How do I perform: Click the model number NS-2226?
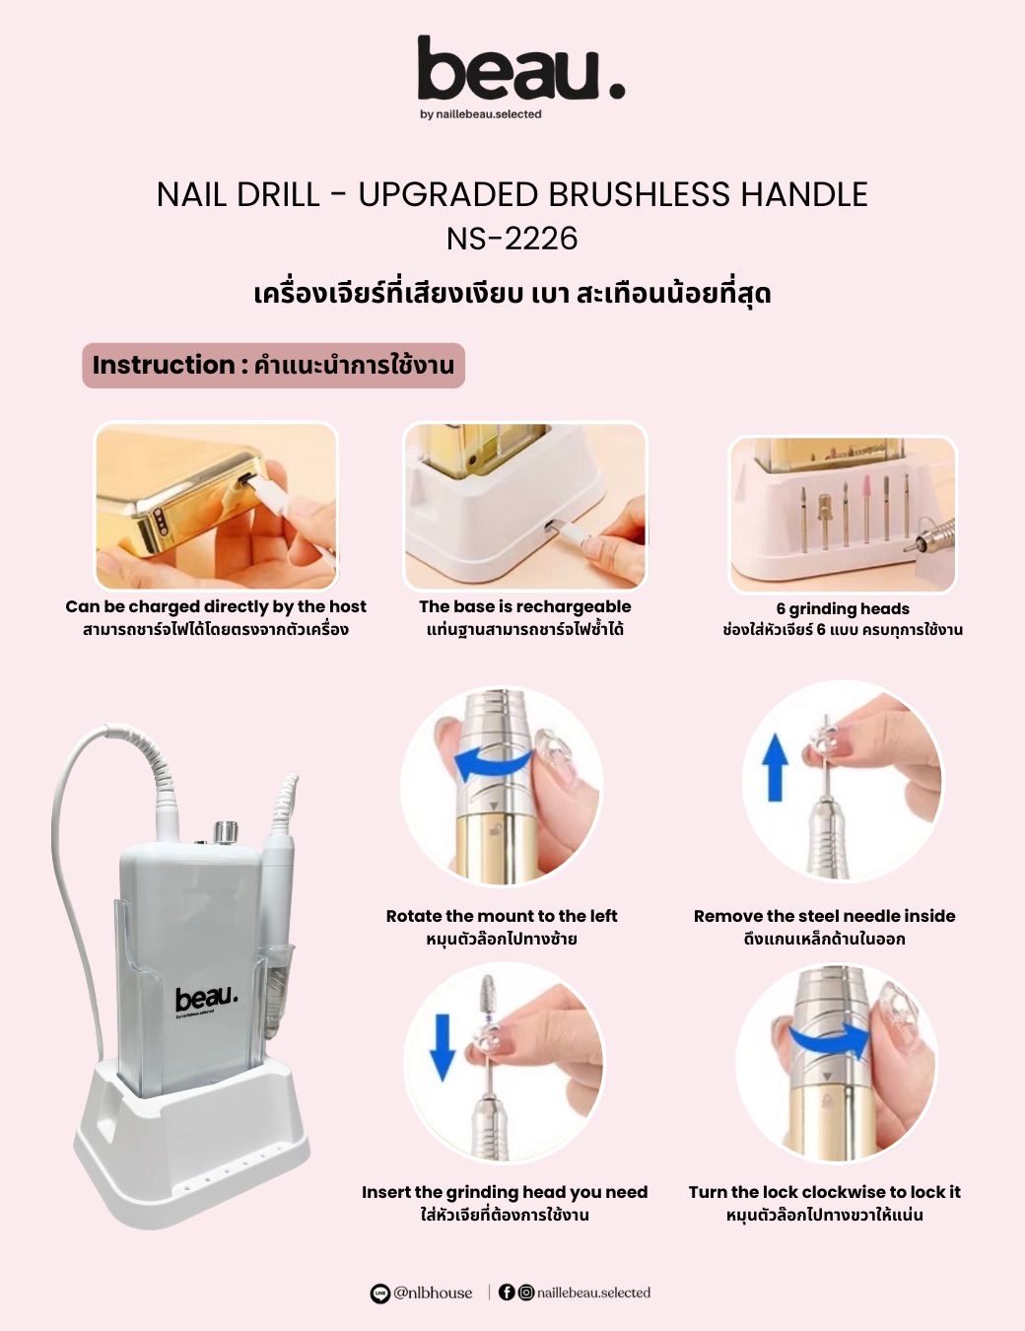click(x=512, y=239)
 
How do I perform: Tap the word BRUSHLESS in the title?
click(x=639, y=195)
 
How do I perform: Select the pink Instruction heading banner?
click(x=273, y=365)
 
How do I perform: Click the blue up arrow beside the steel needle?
click(x=776, y=767)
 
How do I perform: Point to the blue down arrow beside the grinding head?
click(x=443, y=1047)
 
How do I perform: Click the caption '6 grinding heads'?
click(x=843, y=608)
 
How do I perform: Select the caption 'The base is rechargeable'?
click(x=524, y=606)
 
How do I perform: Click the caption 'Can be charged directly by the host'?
click(x=216, y=606)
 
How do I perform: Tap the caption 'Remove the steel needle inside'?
click(x=824, y=916)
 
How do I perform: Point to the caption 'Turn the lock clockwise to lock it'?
click(x=824, y=1191)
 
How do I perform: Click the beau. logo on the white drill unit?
click(x=206, y=999)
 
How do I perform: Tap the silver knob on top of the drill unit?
click(x=226, y=832)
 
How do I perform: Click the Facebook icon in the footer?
click(x=507, y=1292)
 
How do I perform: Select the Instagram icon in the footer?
click(x=526, y=1292)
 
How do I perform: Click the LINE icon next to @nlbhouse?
click(x=380, y=1293)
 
